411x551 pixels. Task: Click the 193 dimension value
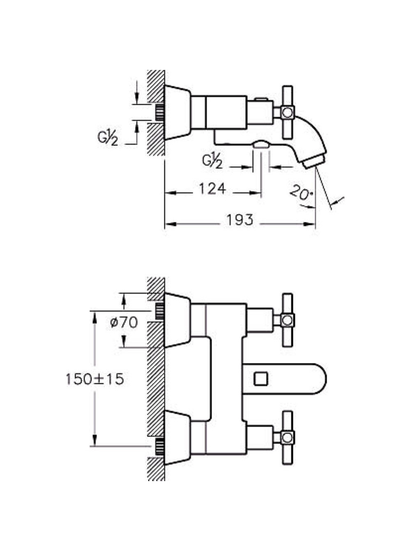click(240, 220)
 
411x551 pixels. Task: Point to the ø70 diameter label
click(124, 322)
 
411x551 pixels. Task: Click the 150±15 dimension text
click(95, 379)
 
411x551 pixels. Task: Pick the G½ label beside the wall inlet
click(108, 138)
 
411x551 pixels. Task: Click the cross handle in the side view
click(288, 112)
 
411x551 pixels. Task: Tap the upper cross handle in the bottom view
click(288, 320)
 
